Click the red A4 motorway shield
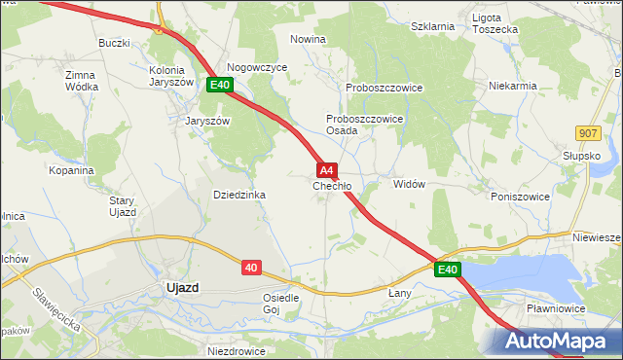(327, 169)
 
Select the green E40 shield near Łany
(447, 270)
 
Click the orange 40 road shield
(251, 267)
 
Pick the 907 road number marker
(586, 132)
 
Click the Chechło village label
(332, 186)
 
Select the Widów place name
(409, 184)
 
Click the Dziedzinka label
(239, 195)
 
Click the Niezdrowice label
(237, 348)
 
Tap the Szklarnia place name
(433, 26)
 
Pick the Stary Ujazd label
(122, 205)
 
